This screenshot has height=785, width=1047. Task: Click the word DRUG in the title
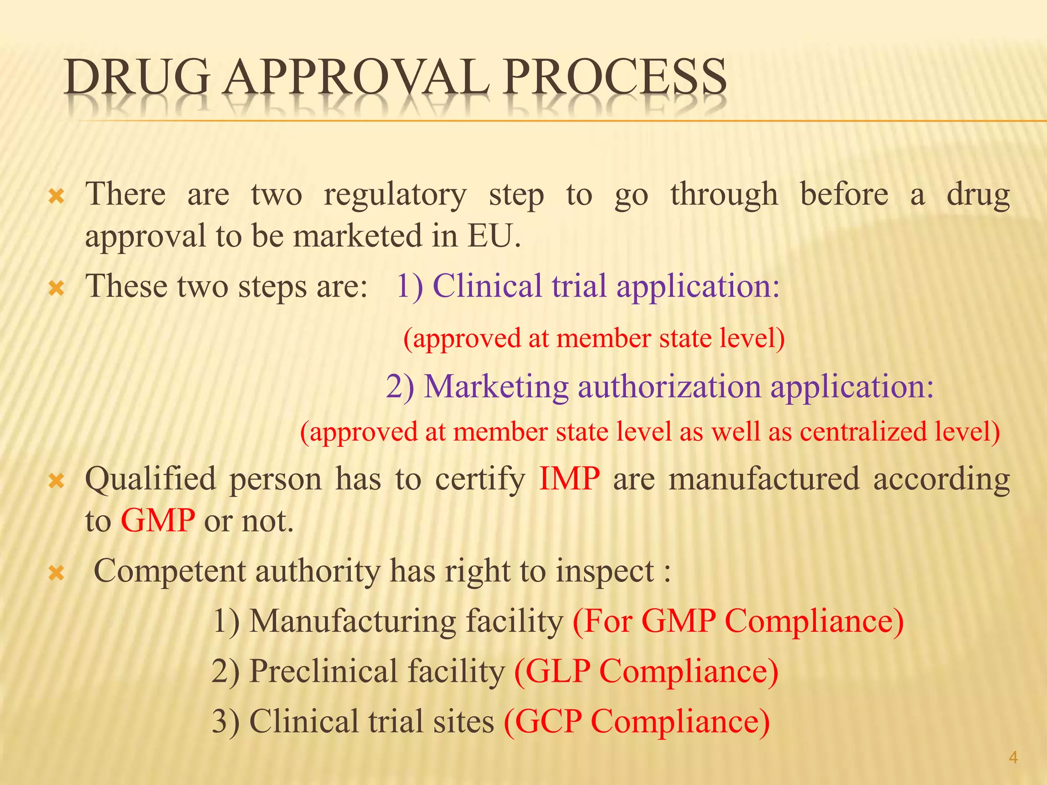coord(137,78)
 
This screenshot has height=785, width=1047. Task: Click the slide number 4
coord(1013,757)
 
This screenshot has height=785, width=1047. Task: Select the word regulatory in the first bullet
coord(395,195)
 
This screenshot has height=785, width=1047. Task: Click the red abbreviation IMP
coord(569,479)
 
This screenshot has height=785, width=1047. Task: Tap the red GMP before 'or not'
coord(157,521)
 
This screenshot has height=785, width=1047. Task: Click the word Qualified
coord(150,479)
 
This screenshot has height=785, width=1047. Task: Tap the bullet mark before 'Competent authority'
coord(56,573)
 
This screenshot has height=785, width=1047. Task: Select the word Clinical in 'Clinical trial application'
coord(487,286)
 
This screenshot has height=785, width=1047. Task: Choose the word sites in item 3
coord(463,721)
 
